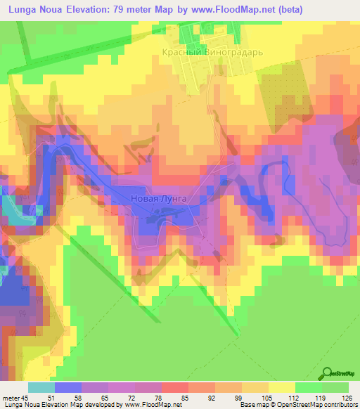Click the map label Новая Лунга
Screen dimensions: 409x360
pos(159,199)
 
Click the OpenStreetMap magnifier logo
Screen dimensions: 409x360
pos(328,372)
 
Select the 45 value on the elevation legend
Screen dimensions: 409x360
pos(28,397)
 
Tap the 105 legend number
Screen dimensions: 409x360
pos(268,397)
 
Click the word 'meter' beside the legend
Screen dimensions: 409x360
pos(12,397)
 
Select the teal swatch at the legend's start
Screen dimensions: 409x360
pos(41,387)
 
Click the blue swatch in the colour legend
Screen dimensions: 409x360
pos(68,387)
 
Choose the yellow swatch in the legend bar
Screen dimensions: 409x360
pos(281,387)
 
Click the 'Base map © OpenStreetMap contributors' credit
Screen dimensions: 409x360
pos(297,405)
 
